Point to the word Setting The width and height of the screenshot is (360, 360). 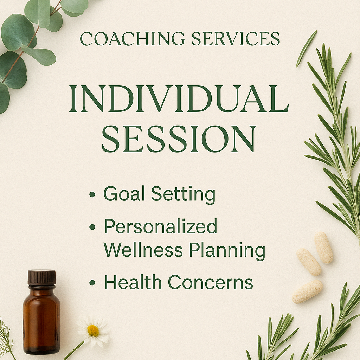183,194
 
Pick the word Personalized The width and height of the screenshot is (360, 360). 161,227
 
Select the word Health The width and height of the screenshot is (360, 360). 133,282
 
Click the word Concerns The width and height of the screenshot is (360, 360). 210,282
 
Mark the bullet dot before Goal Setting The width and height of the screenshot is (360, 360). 92,194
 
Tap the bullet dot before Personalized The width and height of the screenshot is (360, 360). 92,227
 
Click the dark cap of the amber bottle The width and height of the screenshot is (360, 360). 42,277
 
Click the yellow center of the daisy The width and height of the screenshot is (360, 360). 93,330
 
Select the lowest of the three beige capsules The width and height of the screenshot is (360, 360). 308,291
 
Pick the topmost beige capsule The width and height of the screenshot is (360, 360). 324,247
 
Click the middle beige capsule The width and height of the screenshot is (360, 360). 309,262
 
